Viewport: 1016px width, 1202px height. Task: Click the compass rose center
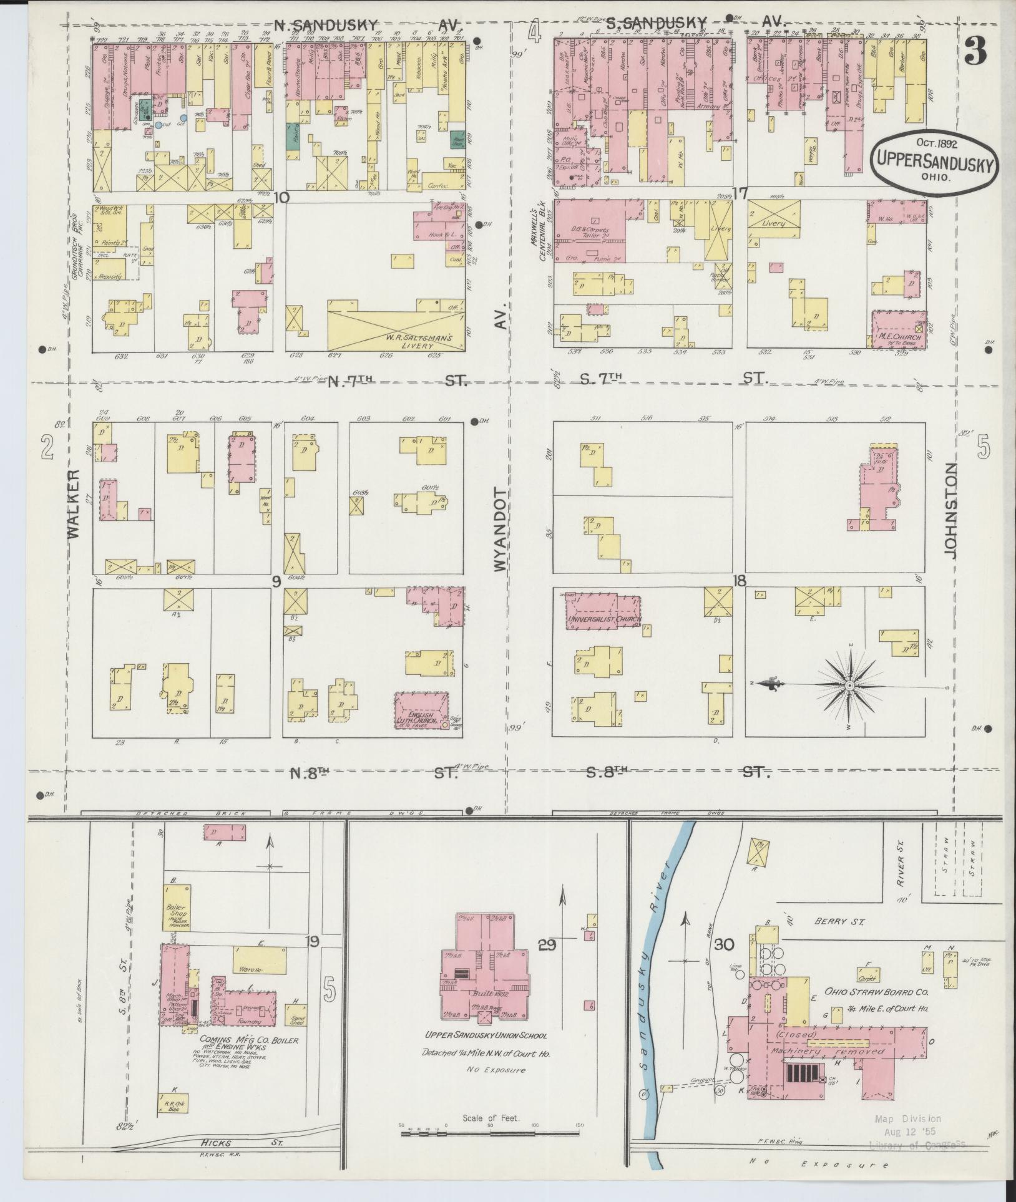click(849, 685)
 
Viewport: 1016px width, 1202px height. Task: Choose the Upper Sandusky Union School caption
click(486, 1035)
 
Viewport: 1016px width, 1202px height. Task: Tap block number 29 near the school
click(547, 946)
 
